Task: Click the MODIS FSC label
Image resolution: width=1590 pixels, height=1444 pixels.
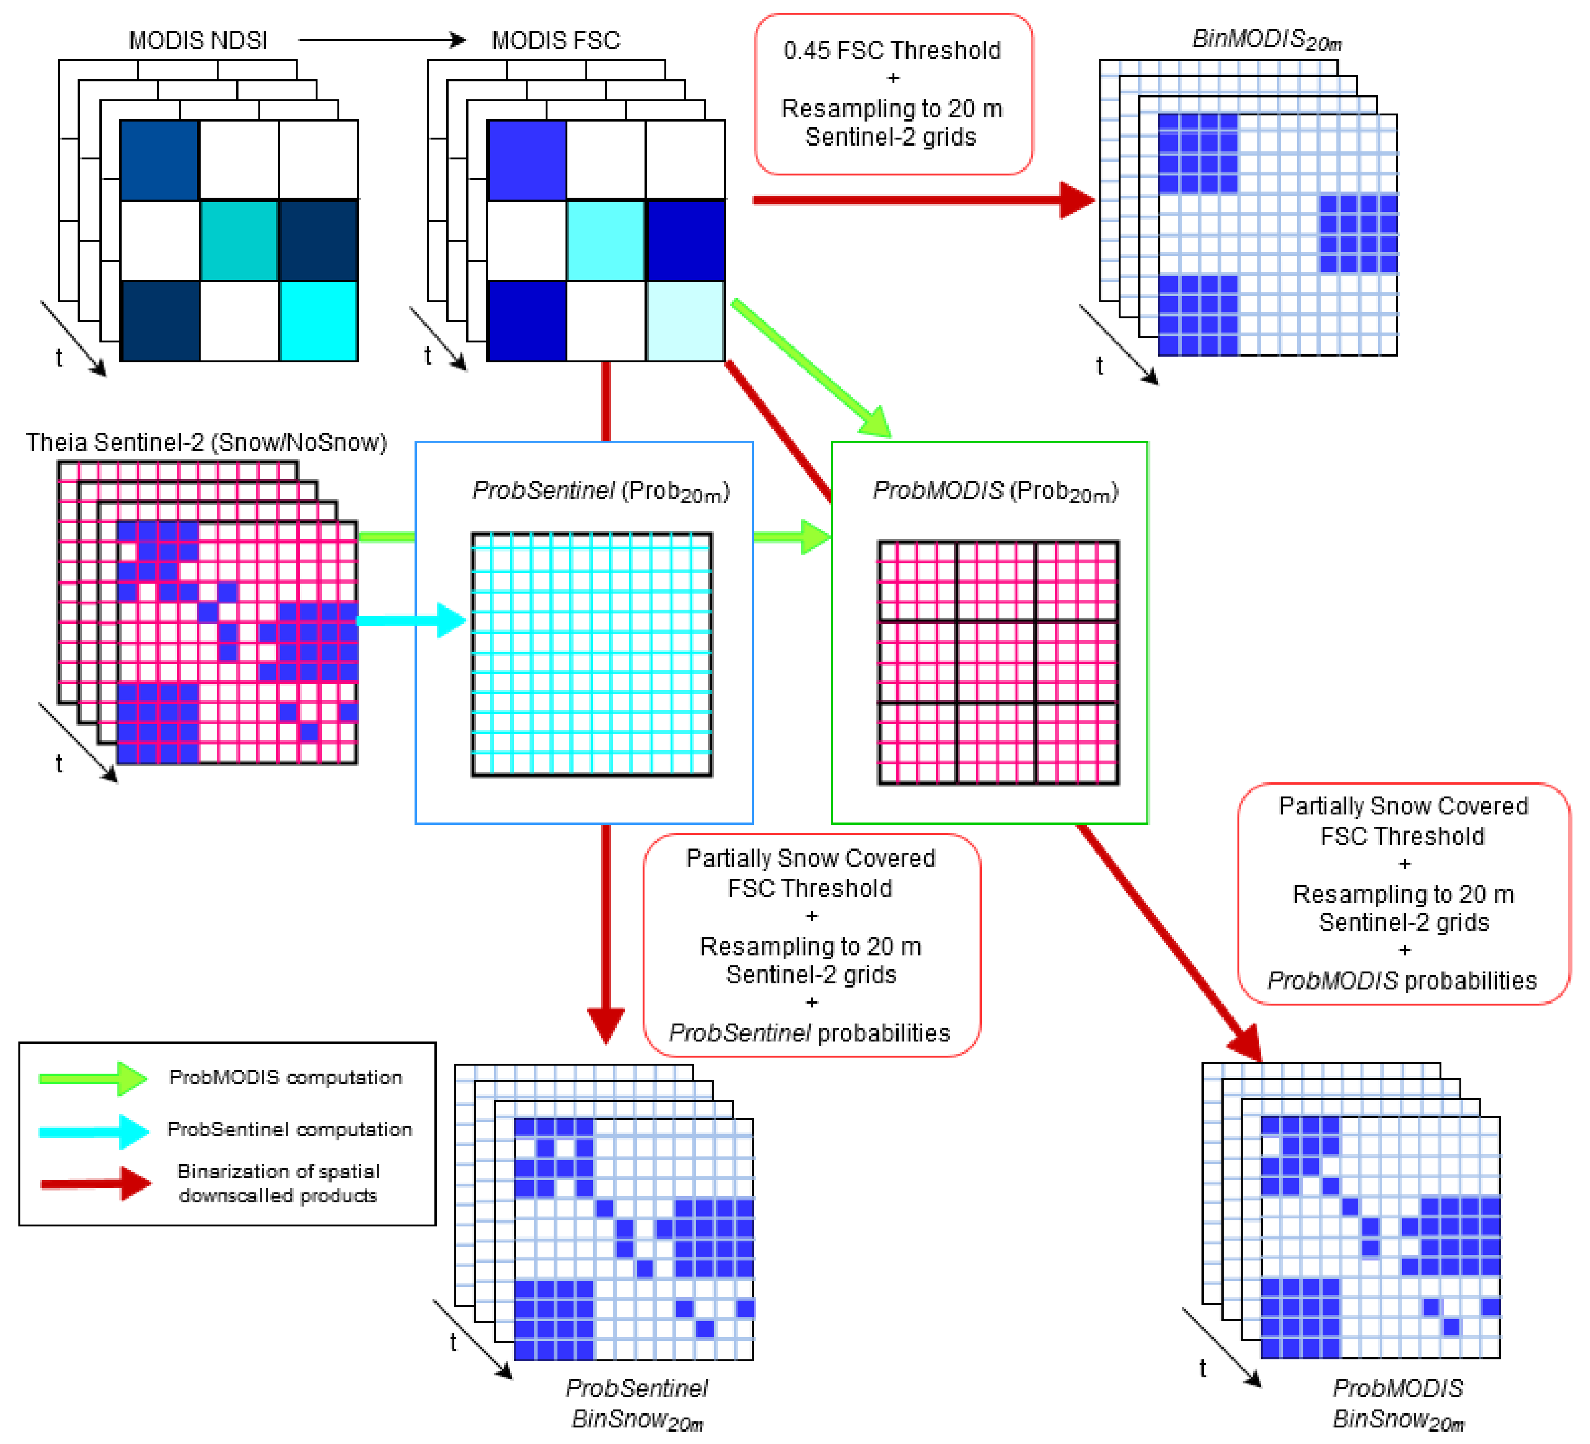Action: pos(556,40)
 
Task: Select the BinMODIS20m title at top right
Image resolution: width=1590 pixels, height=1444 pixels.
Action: pos(1266,39)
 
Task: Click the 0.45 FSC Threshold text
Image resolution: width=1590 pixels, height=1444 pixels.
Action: pos(892,51)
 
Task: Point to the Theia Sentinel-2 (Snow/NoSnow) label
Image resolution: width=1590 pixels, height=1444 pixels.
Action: pos(207,442)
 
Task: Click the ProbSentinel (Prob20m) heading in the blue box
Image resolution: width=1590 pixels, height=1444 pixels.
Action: pos(601,492)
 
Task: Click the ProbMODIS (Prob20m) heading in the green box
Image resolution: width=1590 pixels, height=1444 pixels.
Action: pos(995,492)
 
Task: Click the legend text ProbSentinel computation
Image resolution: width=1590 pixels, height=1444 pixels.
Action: pos(290,1129)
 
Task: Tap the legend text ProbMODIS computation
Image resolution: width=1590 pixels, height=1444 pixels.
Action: pos(285,1077)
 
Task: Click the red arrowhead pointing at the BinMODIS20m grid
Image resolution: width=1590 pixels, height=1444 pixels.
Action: pos(1077,200)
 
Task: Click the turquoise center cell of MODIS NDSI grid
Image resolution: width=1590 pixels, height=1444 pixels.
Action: pos(239,240)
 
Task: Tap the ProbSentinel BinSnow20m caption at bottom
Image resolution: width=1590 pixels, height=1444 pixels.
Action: pos(637,1403)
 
